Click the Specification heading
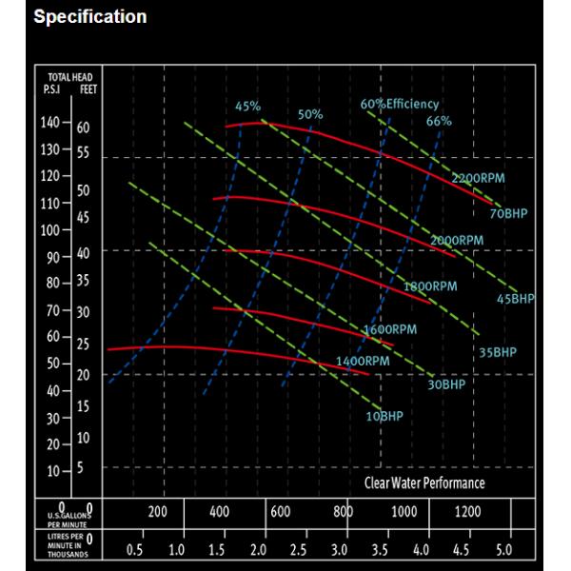click(90, 17)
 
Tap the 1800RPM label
click(431, 285)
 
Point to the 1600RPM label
click(390, 330)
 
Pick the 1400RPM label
click(363, 362)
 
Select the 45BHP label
click(517, 299)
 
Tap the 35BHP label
click(497, 352)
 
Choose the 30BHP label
click(446, 384)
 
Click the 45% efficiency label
click(247, 106)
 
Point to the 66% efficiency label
click(439, 122)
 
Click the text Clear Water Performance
click(424, 483)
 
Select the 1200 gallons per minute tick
click(468, 512)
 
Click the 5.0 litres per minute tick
click(504, 550)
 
